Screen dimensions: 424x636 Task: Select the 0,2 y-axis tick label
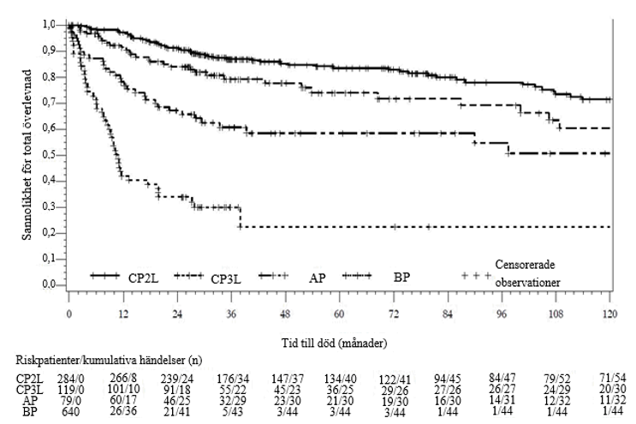point(51,233)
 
